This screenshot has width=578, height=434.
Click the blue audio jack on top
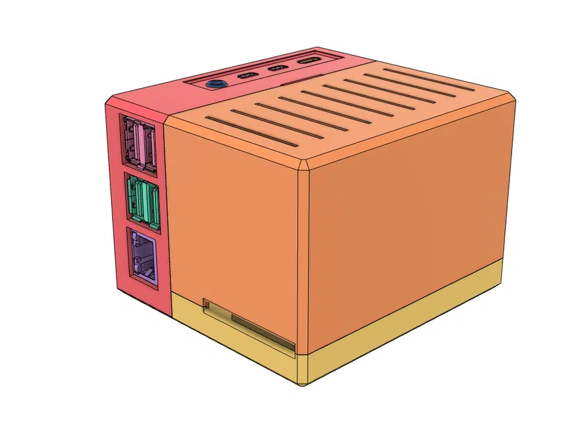216,83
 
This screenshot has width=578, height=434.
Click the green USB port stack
143,201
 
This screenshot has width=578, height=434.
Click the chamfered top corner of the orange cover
305,167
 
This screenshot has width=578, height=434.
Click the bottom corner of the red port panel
169,315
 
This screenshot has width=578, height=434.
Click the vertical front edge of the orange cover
303,264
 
